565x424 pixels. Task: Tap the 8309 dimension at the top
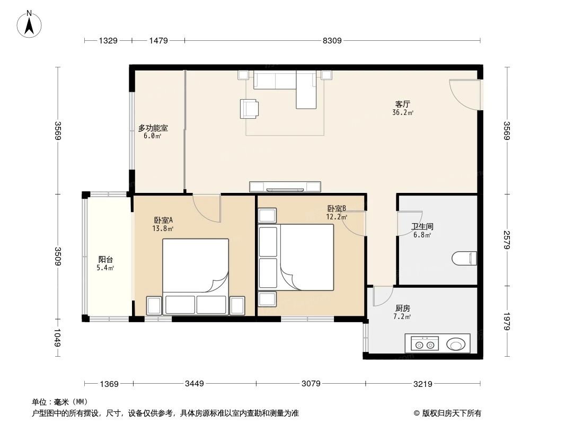[332, 40]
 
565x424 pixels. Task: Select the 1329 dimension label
[108, 40]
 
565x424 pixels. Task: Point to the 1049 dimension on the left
[58, 338]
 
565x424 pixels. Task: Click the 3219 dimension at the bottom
[423, 383]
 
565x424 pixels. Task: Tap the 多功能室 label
[153, 128]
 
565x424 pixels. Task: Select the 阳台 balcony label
[105, 260]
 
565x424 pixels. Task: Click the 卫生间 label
[422, 226]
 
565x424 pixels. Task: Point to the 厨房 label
[402, 308]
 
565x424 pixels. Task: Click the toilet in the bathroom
[465, 259]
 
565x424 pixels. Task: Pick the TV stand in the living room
[285, 187]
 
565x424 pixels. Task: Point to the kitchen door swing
[382, 296]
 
